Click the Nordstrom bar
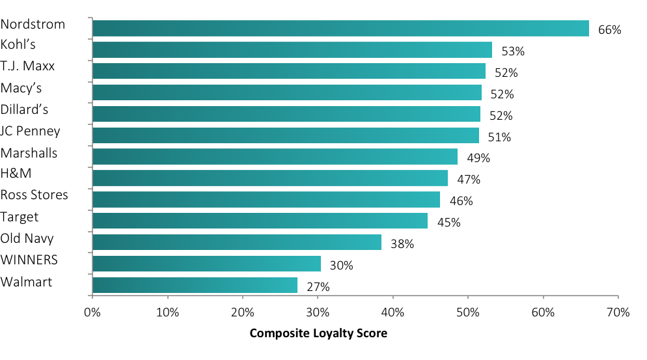tap(340, 28)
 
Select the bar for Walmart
tap(195, 285)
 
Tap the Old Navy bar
tap(237, 242)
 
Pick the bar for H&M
tap(270, 178)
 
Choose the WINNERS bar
tap(206, 264)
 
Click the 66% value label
tap(610, 30)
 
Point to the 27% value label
tap(318, 287)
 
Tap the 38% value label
tap(402, 244)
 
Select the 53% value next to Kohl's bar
tap(513, 51)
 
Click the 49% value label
tap(478, 158)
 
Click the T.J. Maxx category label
tap(27, 66)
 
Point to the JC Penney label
tap(31, 131)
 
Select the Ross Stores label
tap(34, 195)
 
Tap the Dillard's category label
tap(25, 109)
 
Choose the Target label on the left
tap(20, 217)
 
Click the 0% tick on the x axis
tap(92, 312)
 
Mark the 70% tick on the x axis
tap(618, 312)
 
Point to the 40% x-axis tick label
tap(392, 312)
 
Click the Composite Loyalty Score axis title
tap(318, 333)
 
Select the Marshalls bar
tap(275, 156)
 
